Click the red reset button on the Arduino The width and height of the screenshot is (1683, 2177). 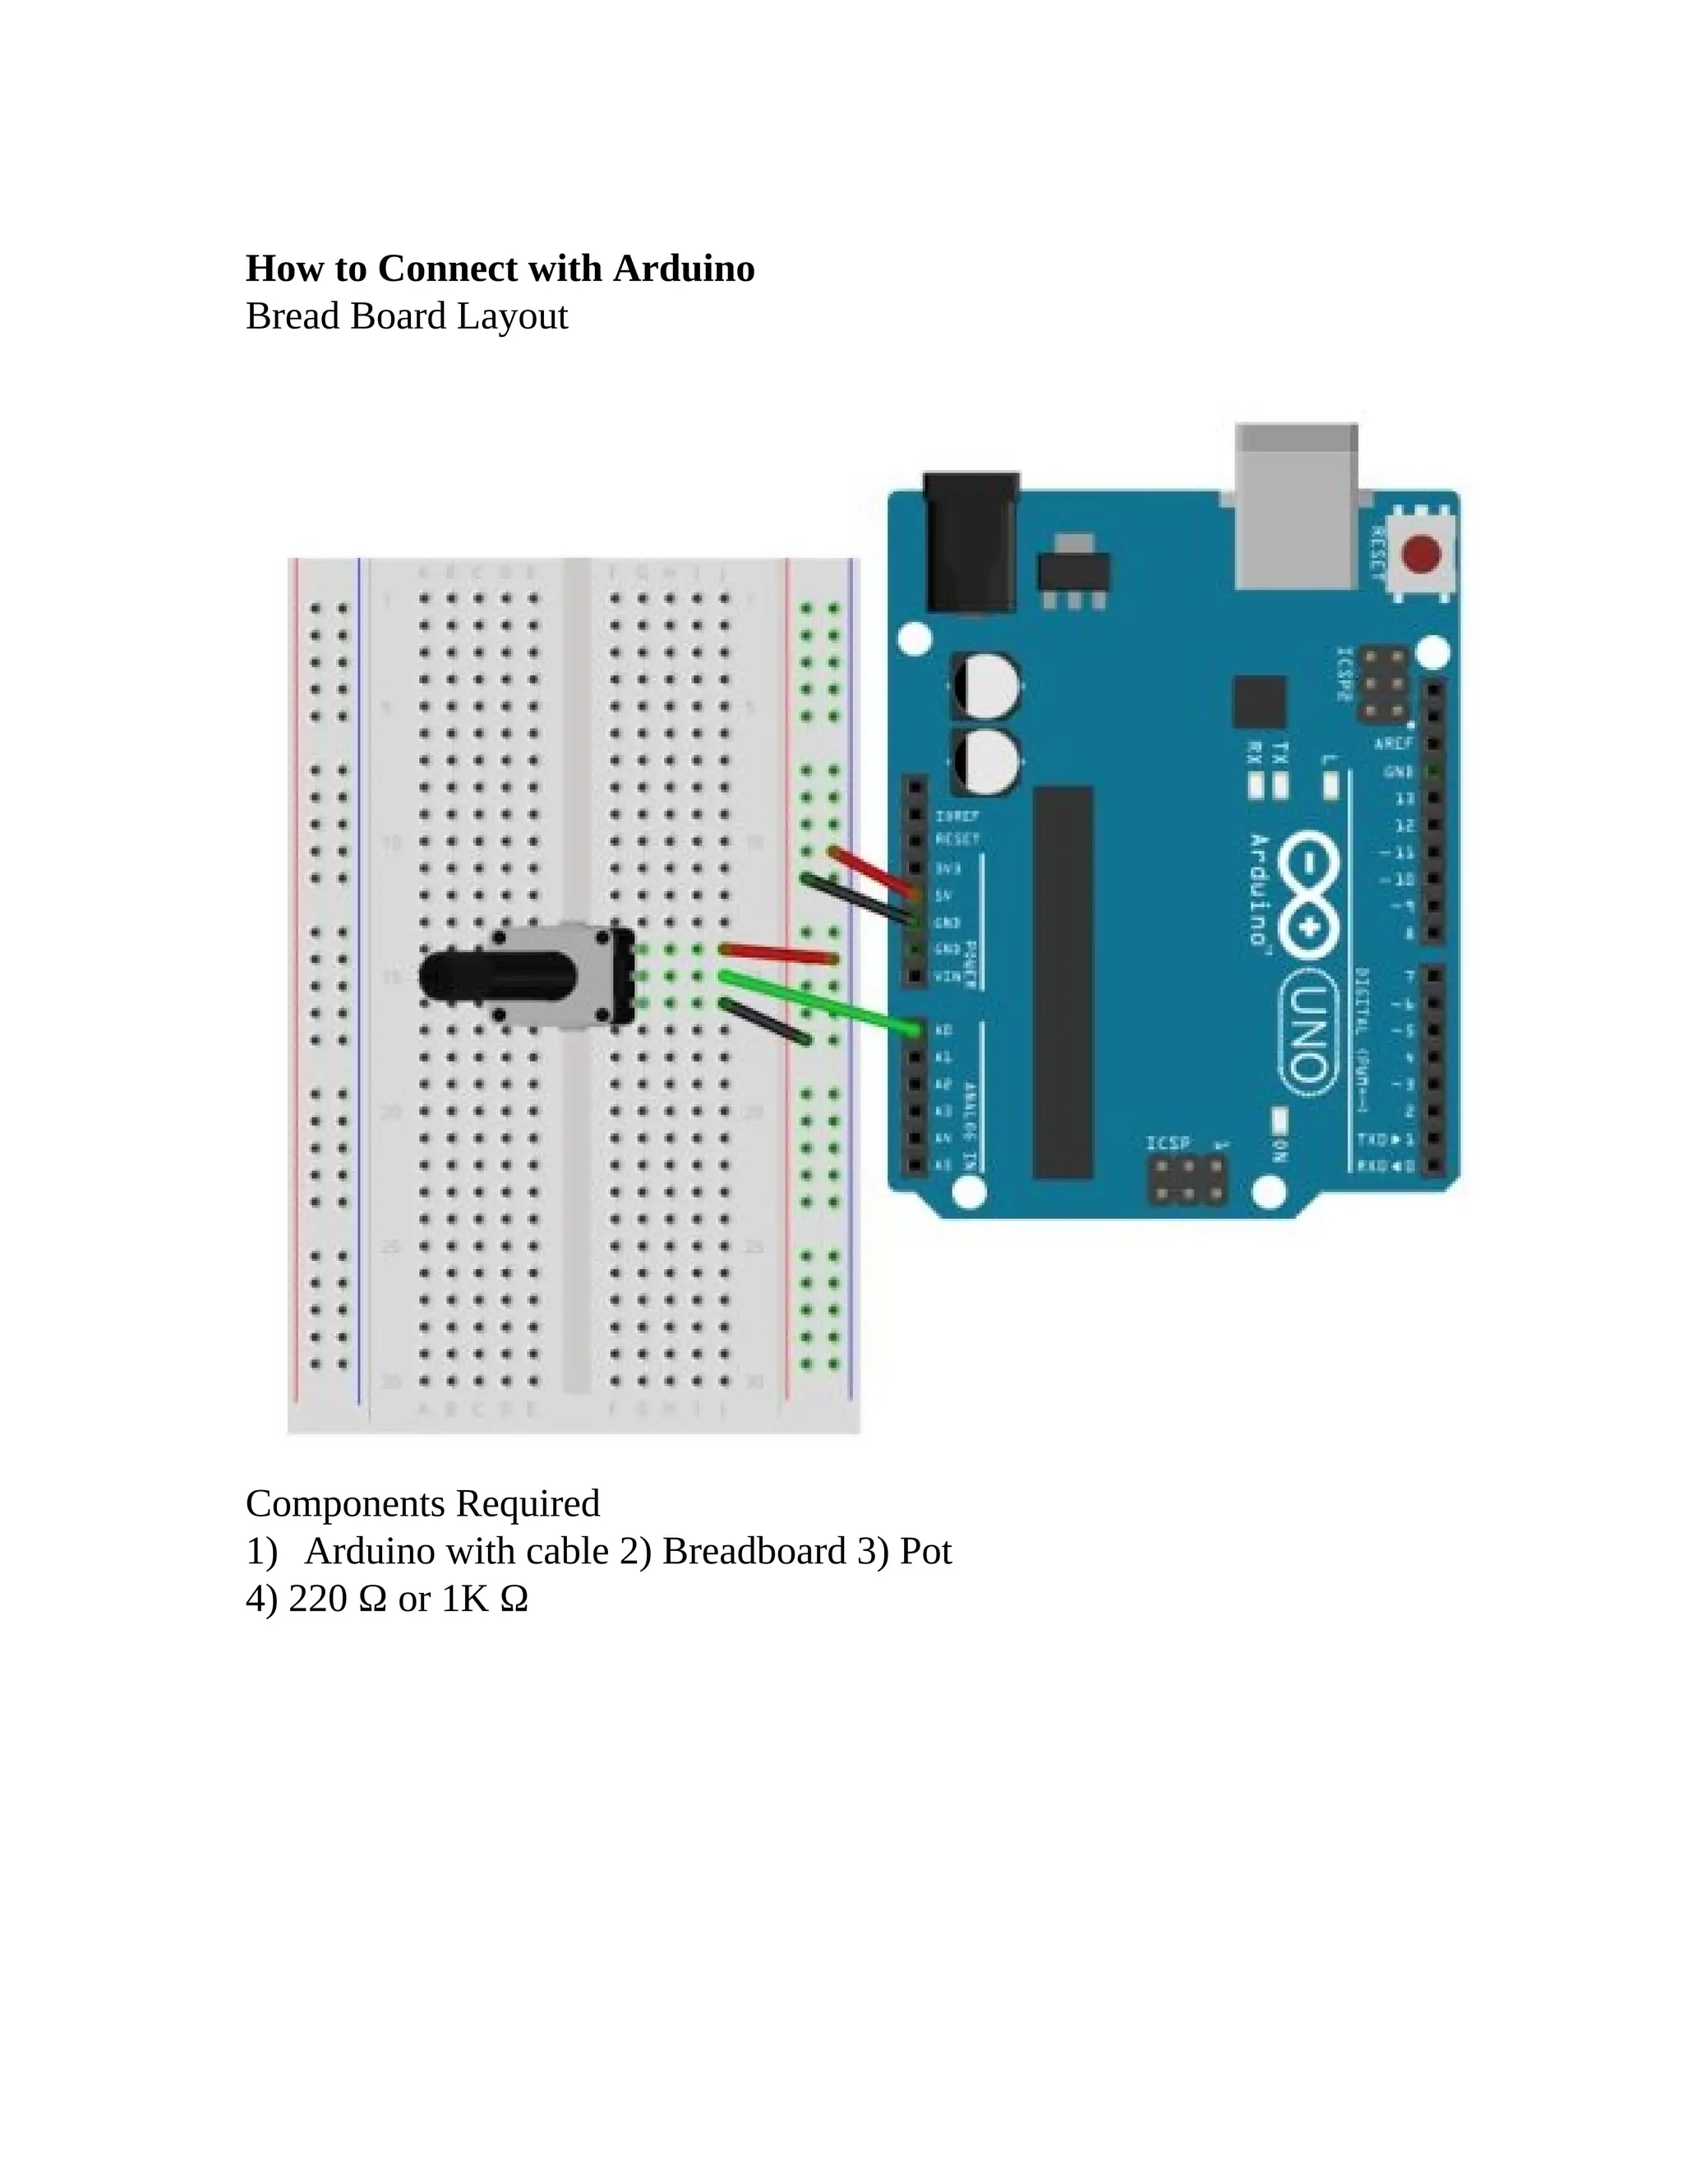coord(1421,553)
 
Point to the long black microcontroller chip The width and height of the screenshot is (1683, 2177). coord(1063,982)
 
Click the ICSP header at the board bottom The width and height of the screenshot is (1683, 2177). coord(1187,1181)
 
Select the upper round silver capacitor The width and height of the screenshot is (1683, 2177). coord(986,685)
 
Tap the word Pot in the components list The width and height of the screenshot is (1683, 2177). coord(925,1551)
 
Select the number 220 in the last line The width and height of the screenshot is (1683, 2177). coord(317,1599)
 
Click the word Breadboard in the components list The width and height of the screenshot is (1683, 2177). coord(754,1551)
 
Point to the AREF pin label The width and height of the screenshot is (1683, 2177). coord(1393,744)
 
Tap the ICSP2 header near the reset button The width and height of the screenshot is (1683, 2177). coord(1385,685)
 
